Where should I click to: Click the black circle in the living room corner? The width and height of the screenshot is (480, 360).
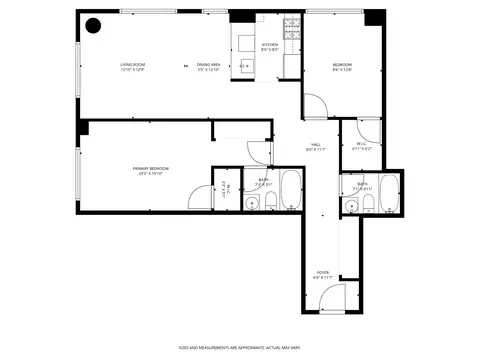coord(93,26)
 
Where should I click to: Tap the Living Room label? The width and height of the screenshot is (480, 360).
coord(133,67)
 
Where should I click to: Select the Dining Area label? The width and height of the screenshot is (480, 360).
coord(209,67)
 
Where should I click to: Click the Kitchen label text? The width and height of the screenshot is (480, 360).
coord(270,47)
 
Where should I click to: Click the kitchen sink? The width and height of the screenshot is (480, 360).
coord(246,66)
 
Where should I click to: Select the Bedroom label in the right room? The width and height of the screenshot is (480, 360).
coord(343,67)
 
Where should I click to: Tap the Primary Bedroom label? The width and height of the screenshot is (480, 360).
coord(151,171)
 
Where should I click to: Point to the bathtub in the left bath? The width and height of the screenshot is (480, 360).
coord(290,190)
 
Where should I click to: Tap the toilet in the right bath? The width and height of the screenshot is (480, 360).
coord(368,206)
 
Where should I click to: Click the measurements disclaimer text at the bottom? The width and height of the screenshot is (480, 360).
coord(240,347)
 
